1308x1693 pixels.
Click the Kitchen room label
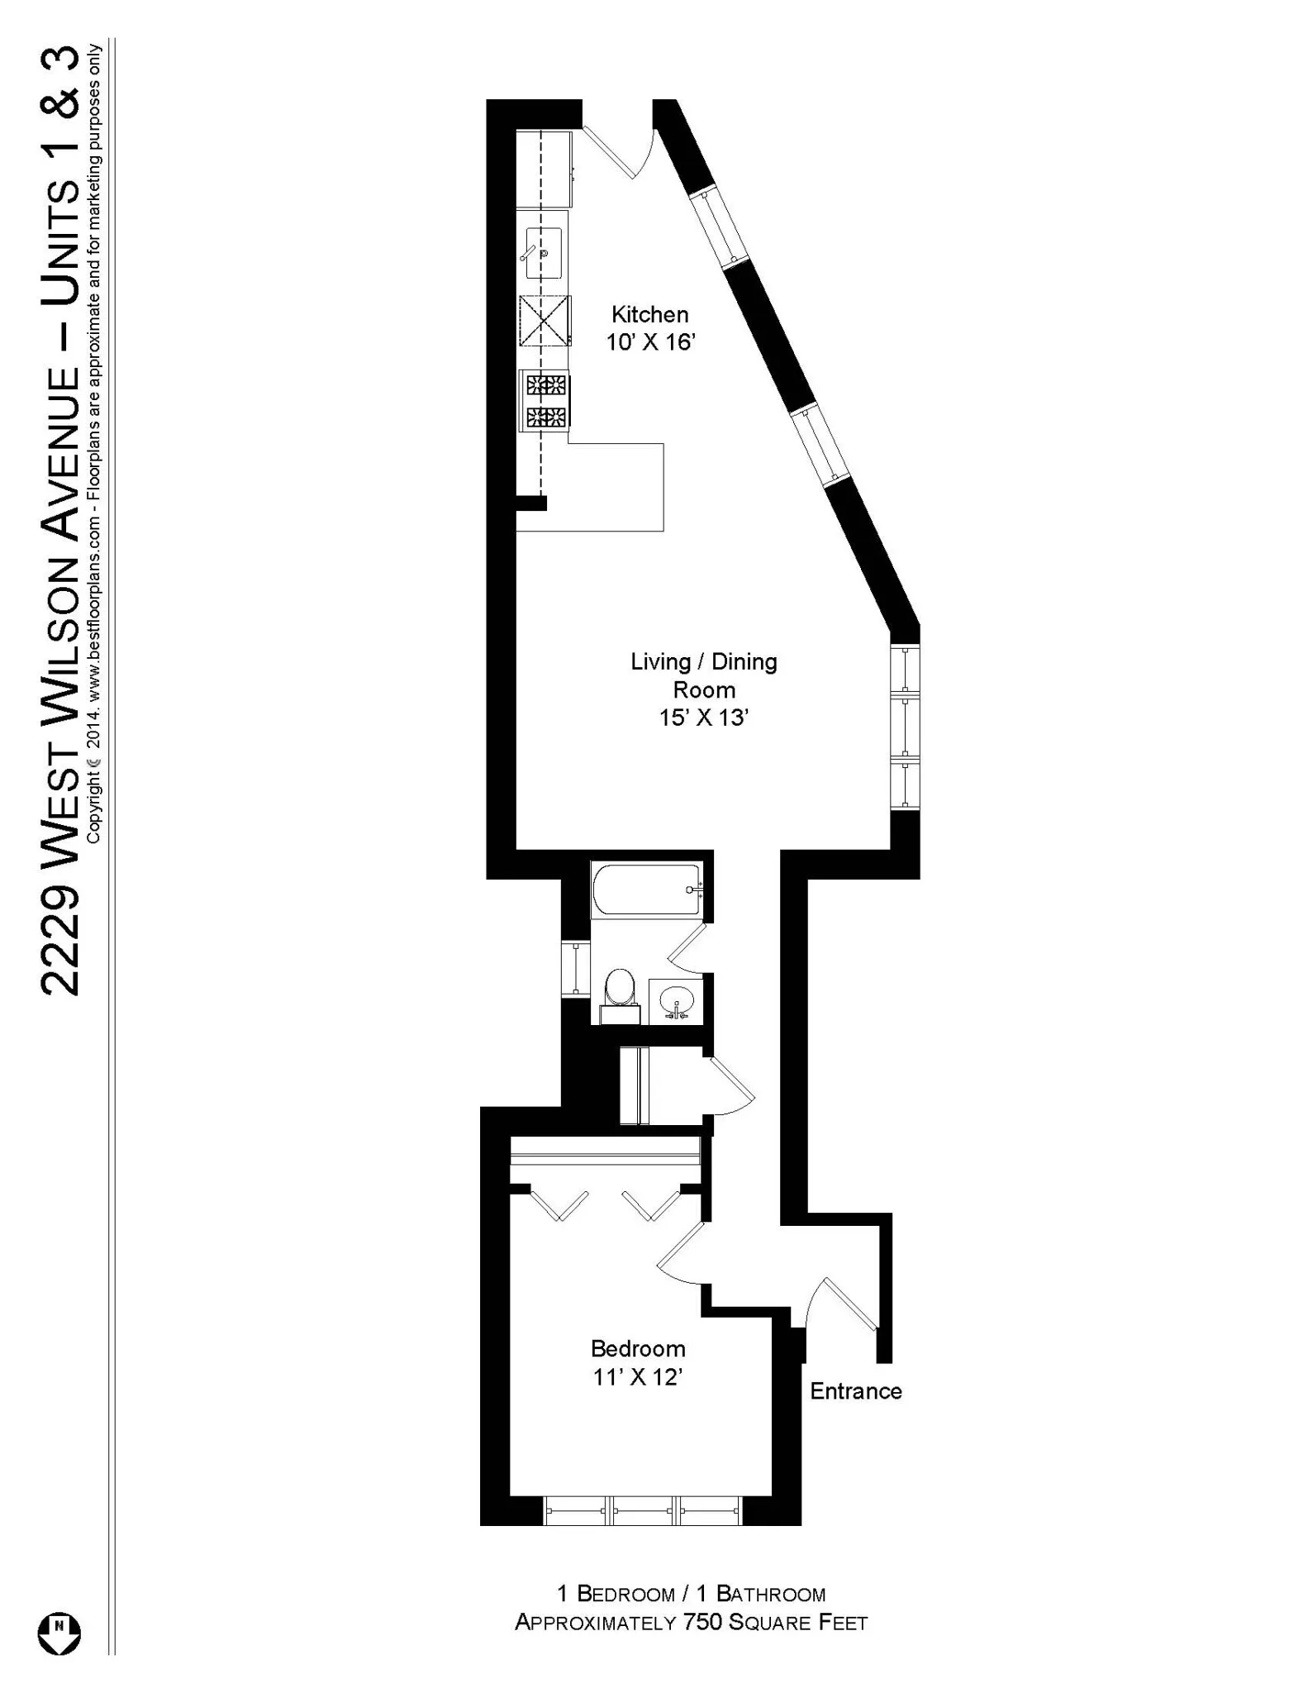pos(649,314)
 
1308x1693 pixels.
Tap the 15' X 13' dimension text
pos(703,718)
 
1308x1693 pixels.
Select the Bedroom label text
pos(638,1348)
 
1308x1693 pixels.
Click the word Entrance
pos(855,1390)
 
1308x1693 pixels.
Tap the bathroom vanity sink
pos(676,1001)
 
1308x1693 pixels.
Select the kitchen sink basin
pos(544,253)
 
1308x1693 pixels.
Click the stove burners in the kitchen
pos(545,401)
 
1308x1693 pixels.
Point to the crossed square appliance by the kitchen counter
pos(545,320)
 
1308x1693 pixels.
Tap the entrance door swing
pos(843,1305)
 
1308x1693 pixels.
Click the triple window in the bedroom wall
pos(642,1510)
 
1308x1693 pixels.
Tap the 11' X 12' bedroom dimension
pos(638,1377)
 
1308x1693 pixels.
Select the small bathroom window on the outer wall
pos(575,967)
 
